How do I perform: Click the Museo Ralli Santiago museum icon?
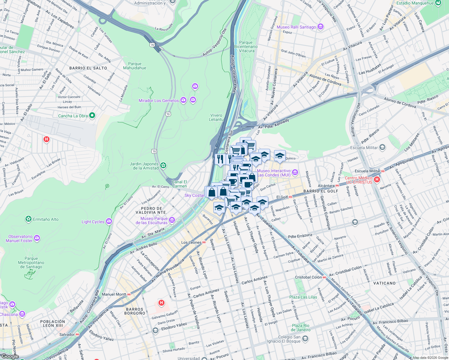coord(321,27)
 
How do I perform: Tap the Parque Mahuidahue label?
coord(134,66)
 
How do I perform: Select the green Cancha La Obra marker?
coord(92,115)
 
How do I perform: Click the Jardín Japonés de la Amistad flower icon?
coord(163,166)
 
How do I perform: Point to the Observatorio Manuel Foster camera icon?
coord(37,238)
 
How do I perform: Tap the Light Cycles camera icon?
coord(109,222)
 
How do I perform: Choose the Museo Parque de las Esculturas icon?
coord(172,220)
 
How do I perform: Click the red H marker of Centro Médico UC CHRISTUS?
coord(377,180)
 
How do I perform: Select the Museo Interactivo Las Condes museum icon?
coord(295,172)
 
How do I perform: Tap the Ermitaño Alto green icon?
coord(28,219)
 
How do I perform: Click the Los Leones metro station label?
coord(191,242)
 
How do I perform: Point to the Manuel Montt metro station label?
coord(114,294)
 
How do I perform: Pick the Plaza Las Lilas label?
coord(303,297)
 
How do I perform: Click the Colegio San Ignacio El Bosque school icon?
coord(305,339)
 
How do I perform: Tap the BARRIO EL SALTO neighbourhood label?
coord(88,68)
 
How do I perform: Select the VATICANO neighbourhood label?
coord(384,283)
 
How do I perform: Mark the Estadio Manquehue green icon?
coord(438,3)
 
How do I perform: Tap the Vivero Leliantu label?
coord(216,117)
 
